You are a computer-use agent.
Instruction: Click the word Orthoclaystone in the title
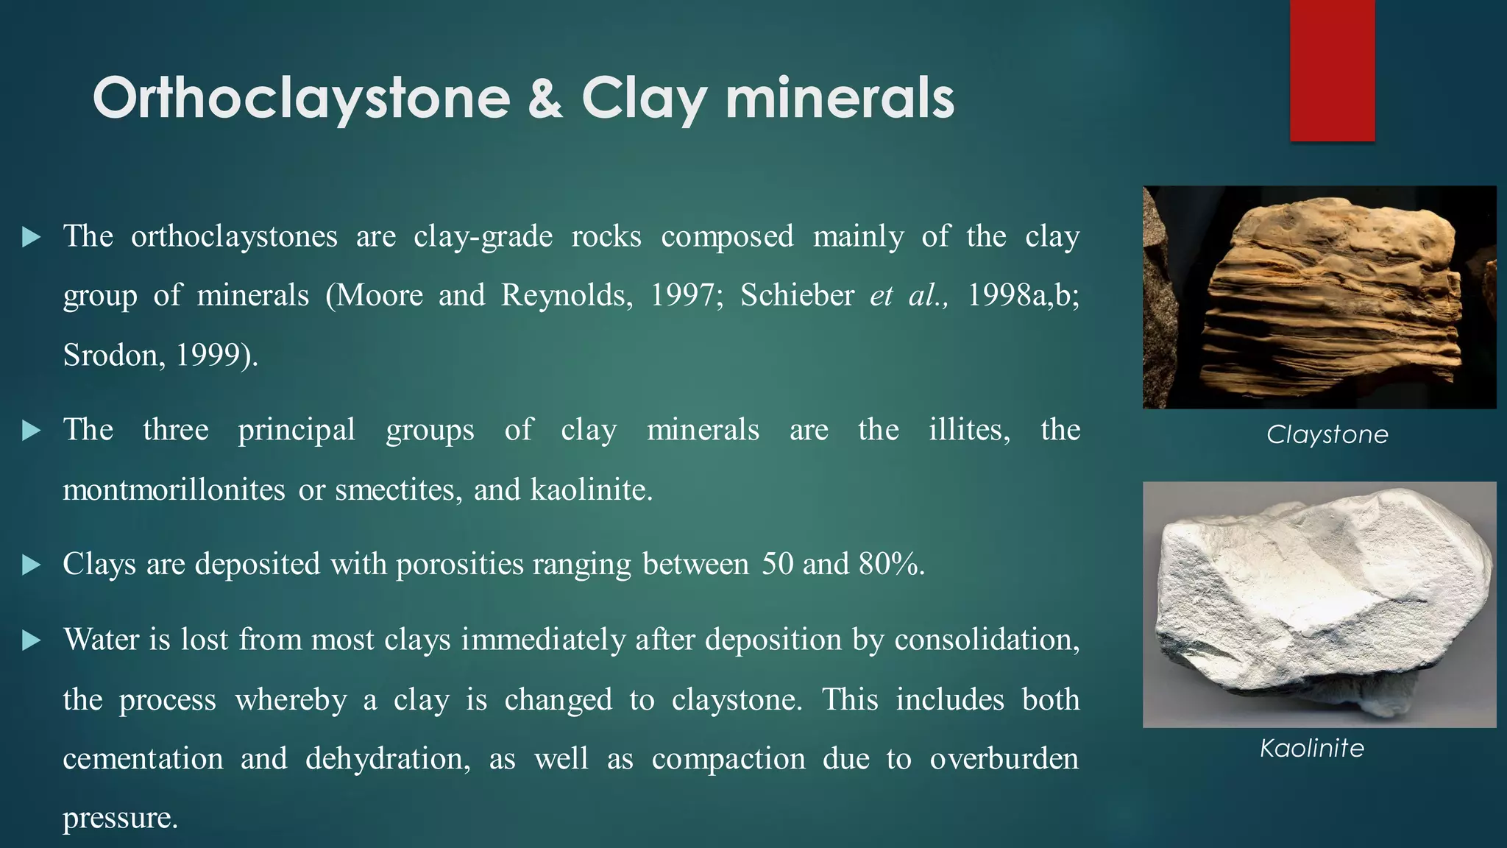pos(301,99)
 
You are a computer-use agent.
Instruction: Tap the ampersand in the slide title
pos(545,99)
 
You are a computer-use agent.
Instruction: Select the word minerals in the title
pos(840,99)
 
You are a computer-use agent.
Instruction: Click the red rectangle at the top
pos(1332,71)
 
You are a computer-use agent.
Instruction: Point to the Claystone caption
pos(1327,434)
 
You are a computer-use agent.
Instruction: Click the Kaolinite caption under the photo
pos(1312,748)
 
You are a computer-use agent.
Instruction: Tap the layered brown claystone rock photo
pos(1319,297)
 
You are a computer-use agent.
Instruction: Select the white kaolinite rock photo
pos(1319,604)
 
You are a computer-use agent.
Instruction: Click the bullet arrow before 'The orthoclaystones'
pos(31,237)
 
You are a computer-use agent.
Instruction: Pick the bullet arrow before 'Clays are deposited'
pos(31,565)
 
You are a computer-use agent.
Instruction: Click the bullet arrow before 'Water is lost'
pos(31,640)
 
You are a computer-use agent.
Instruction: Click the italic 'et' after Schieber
pos(881,295)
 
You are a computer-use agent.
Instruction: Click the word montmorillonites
pos(174,490)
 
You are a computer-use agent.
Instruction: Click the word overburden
pos(1004,759)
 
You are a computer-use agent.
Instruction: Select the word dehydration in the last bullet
pos(387,759)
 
